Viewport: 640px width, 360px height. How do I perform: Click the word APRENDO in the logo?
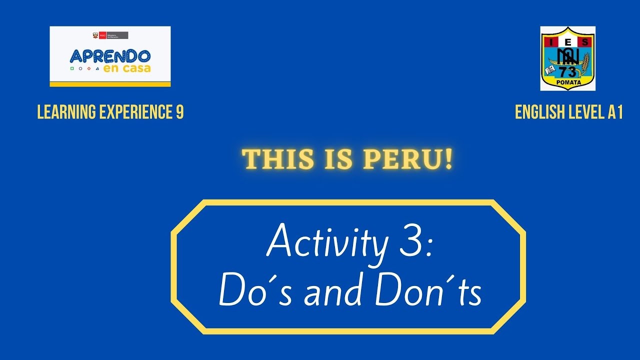point(110,55)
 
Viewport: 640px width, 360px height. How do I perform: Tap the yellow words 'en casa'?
point(126,68)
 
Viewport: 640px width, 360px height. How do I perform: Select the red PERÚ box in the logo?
point(102,35)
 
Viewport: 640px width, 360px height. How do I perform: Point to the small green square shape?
point(72,68)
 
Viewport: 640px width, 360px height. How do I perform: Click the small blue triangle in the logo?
point(97,68)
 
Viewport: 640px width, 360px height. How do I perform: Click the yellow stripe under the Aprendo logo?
point(110,84)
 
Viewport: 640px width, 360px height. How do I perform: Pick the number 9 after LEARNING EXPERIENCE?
point(180,113)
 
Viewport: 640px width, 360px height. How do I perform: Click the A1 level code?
point(615,113)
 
